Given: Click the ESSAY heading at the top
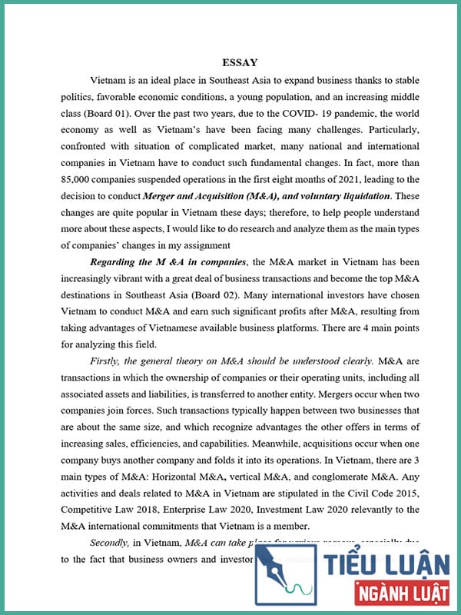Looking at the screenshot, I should [240, 62].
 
